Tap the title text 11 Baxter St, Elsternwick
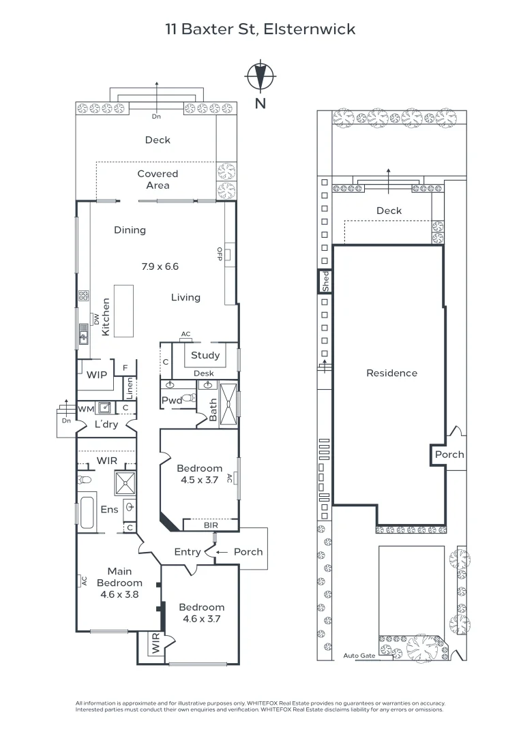click(x=260, y=29)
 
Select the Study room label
click(x=205, y=355)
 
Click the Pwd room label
click(x=170, y=401)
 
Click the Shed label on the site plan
click(x=325, y=281)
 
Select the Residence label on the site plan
click(x=391, y=373)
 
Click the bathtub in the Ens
click(x=87, y=513)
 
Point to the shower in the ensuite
click(x=125, y=483)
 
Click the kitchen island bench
click(x=124, y=311)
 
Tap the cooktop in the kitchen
click(x=83, y=296)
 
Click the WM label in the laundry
click(x=86, y=408)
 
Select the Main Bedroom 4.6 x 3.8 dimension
click(x=119, y=594)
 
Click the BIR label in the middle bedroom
click(x=211, y=525)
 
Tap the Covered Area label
click(x=158, y=179)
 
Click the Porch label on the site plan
click(x=449, y=455)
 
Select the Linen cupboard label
click(x=129, y=388)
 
